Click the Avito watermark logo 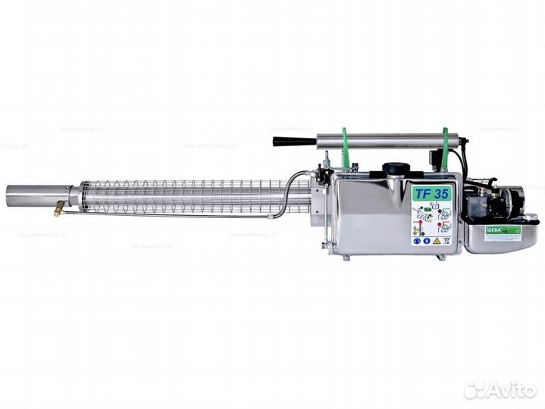point(500,389)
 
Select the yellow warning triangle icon point(437,241)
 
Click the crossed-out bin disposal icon point(446,241)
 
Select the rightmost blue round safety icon point(427,241)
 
